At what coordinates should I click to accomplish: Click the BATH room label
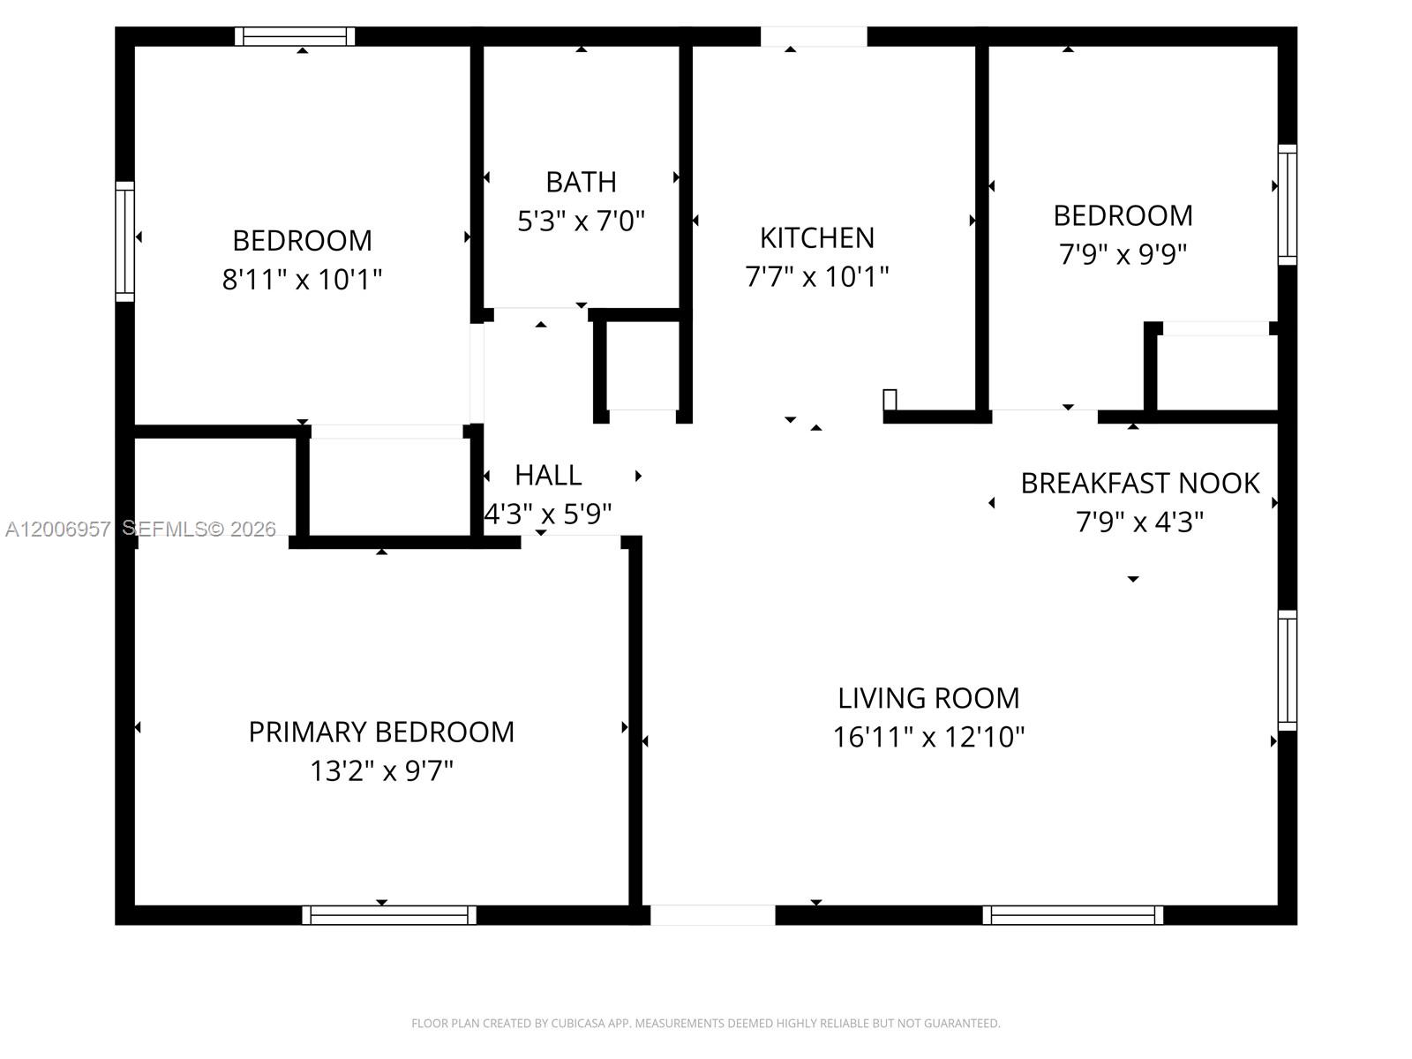(581, 182)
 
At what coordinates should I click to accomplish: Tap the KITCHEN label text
(817, 237)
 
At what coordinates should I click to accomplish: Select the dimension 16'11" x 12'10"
(928, 737)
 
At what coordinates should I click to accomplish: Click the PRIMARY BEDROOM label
(381, 732)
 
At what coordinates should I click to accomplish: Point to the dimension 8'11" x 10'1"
(302, 280)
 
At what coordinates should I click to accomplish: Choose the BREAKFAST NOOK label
(1140, 484)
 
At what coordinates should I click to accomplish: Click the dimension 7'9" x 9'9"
(1123, 254)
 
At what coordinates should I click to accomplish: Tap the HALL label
(548, 476)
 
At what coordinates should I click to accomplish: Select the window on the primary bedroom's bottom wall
(389, 915)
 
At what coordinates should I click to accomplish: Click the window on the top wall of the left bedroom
(295, 36)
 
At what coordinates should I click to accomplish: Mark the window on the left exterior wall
(125, 242)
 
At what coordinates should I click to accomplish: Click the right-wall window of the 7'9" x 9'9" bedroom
(1288, 205)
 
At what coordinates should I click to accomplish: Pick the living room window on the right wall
(1288, 671)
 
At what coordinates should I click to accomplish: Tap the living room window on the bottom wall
(1072, 915)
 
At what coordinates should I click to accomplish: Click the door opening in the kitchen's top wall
(814, 36)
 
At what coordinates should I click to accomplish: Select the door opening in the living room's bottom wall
(713, 915)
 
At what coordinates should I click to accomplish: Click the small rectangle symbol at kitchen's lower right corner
(890, 400)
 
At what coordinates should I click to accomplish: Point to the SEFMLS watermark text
(199, 529)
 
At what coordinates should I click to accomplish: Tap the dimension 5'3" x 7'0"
(581, 221)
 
